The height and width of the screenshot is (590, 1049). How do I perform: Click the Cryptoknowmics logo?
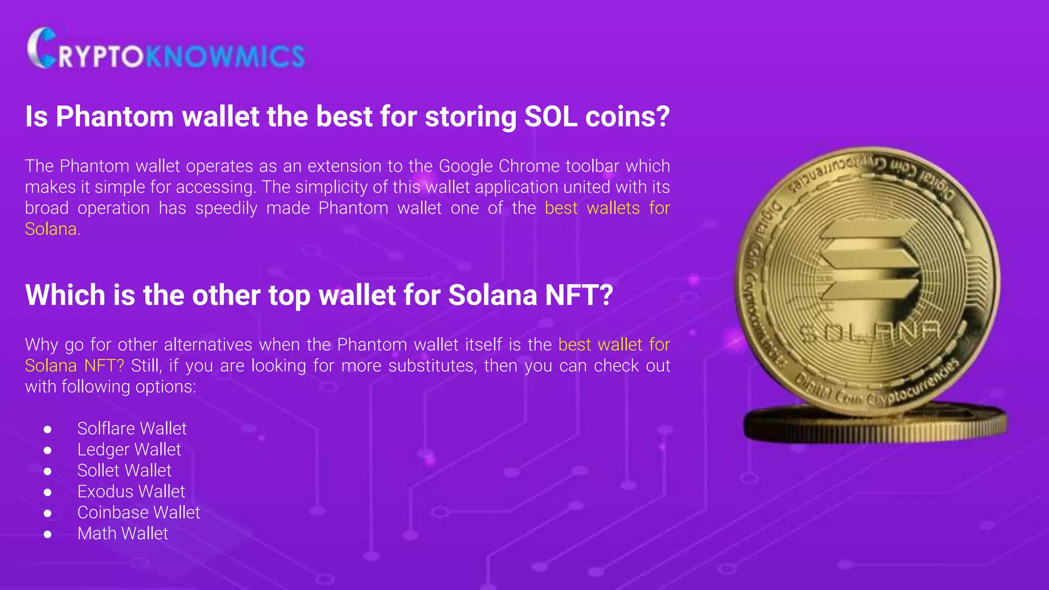166,49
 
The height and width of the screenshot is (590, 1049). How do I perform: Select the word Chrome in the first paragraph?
529,166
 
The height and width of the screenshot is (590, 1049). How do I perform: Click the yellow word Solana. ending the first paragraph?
53,229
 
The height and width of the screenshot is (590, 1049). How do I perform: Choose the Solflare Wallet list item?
132,428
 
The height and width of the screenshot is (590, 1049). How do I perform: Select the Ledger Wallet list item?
129,449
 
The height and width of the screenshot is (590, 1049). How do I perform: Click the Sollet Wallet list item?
124,470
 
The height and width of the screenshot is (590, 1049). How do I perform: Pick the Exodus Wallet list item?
131,491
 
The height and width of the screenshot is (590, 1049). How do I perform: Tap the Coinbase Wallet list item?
138,512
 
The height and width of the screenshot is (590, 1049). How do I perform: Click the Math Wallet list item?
122,533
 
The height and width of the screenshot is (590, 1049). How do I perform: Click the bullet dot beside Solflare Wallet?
48,429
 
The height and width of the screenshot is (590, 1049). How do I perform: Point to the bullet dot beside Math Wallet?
48,534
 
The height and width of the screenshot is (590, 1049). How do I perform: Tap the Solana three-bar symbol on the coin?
868,261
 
